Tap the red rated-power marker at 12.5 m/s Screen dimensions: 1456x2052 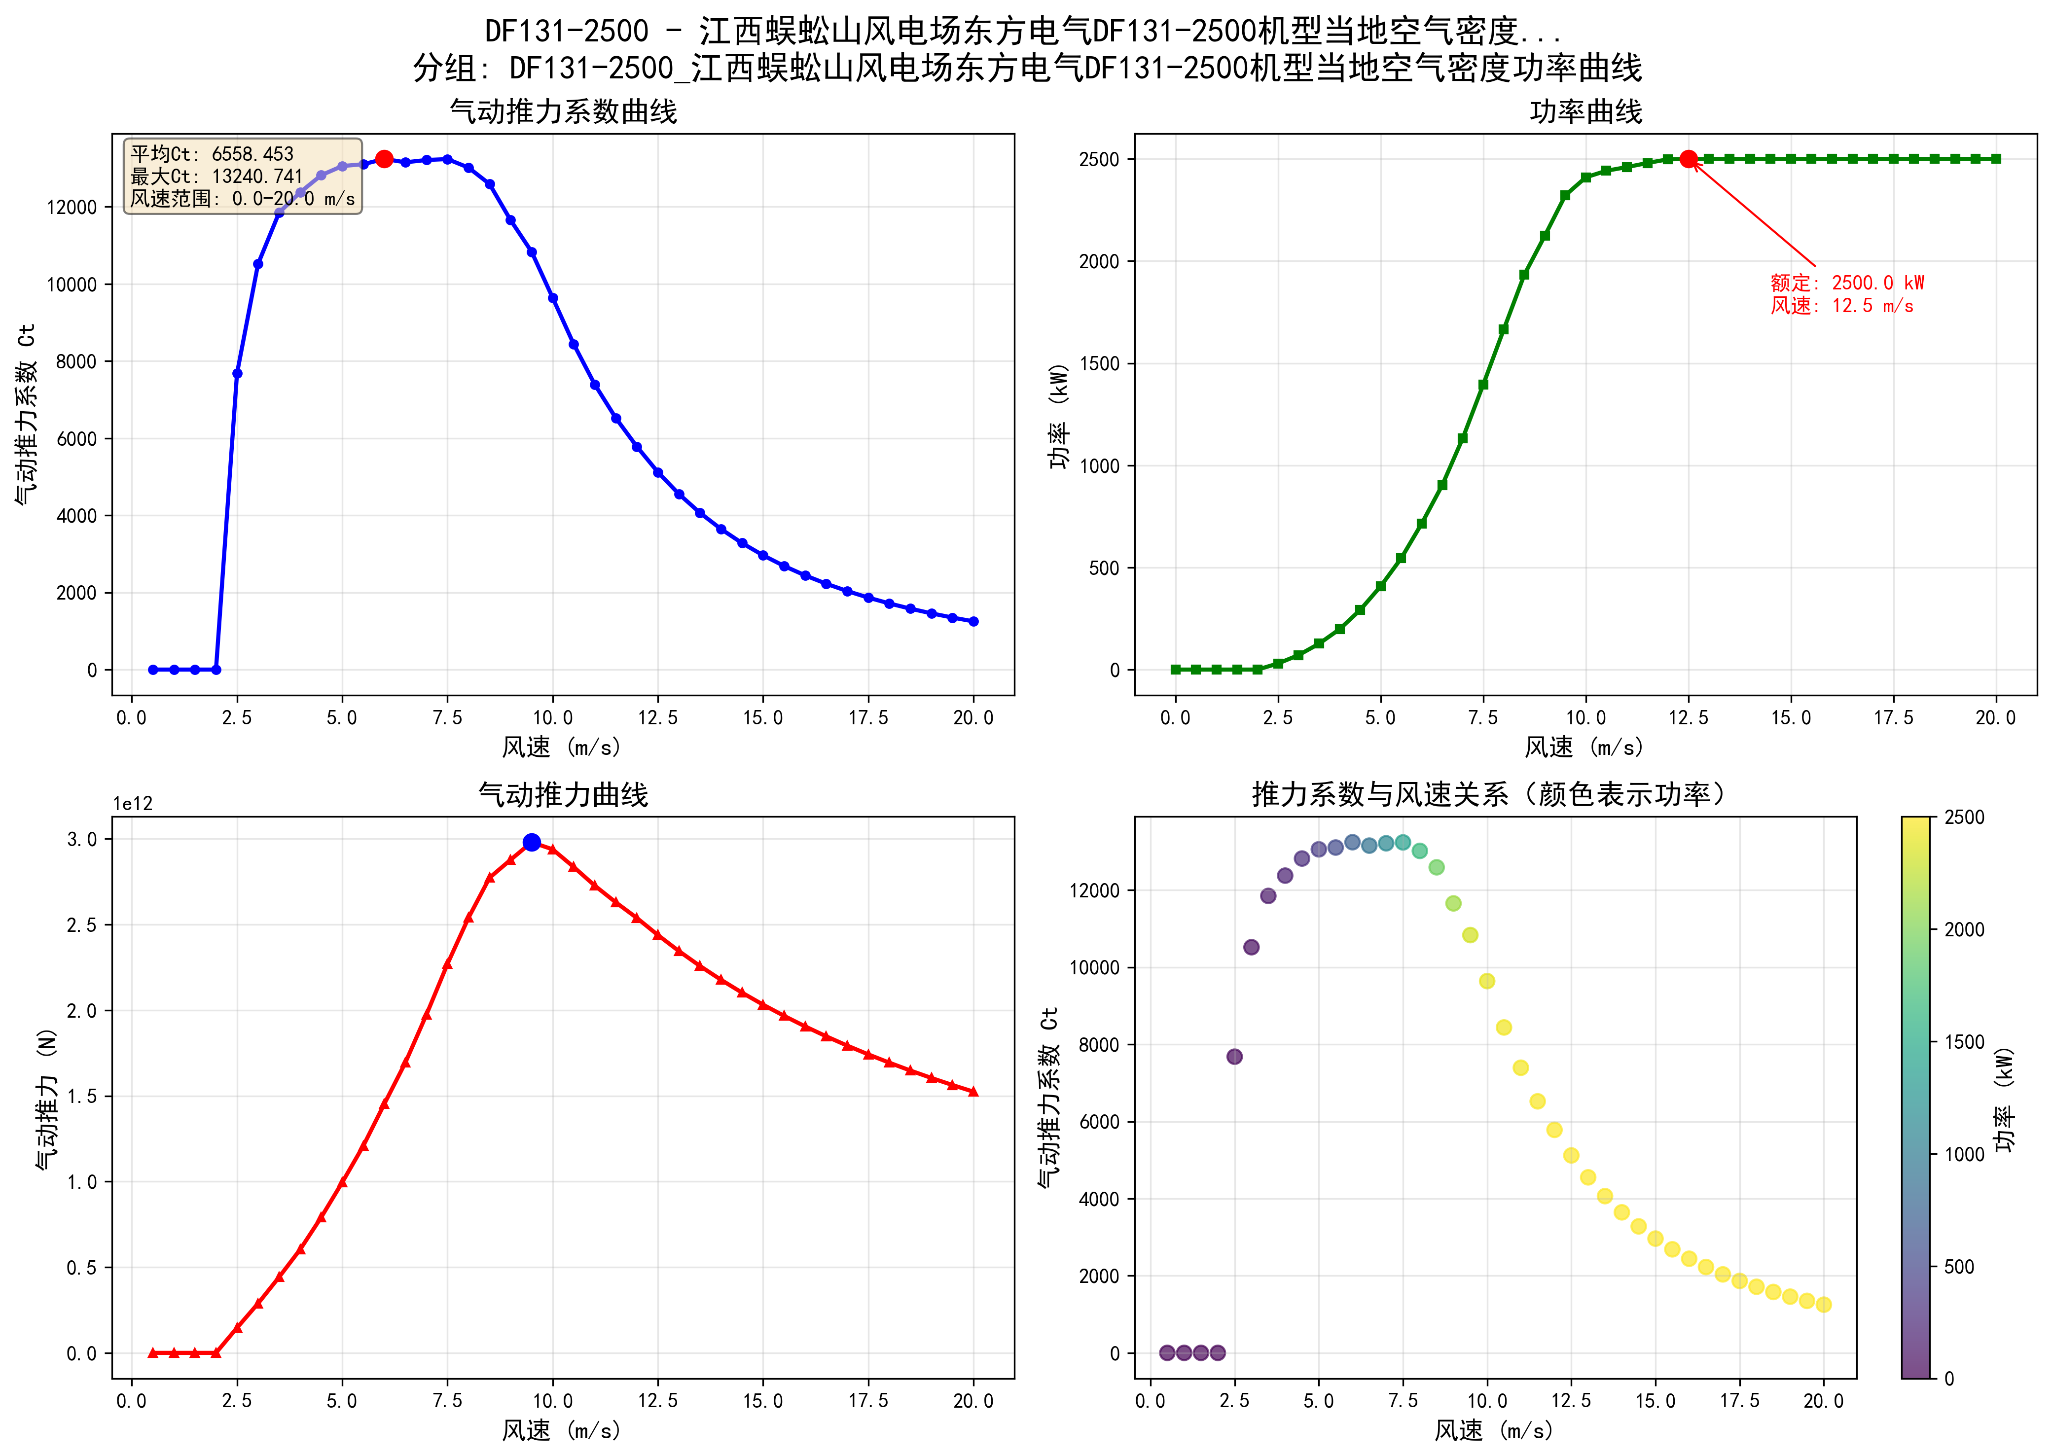(1688, 159)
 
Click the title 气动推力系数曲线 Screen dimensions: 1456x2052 (563, 112)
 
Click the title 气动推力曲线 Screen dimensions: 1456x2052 (563, 794)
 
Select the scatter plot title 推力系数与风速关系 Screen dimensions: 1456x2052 (1488, 794)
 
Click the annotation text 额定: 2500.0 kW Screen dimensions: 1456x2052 (1847, 284)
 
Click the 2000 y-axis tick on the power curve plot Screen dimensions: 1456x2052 (1099, 262)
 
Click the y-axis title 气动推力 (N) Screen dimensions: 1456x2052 (47, 1098)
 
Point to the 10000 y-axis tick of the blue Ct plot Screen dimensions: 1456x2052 (72, 284)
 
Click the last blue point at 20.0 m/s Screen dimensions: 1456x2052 (973, 621)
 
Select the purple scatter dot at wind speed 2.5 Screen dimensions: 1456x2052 (1234, 1056)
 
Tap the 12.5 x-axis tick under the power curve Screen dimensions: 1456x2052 (1688, 718)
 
